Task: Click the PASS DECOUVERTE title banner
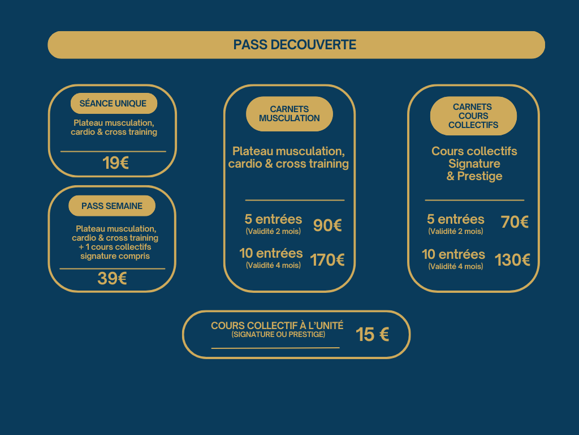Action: pyautogui.click(x=295, y=45)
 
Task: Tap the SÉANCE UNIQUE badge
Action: pyautogui.click(x=113, y=104)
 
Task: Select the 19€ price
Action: pyautogui.click(x=115, y=163)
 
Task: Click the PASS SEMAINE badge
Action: pyautogui.click(x=112, y=206)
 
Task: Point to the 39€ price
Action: pyautogui.click(x=112, y=279)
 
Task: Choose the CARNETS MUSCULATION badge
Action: pyautogui.click(x=289, y=114)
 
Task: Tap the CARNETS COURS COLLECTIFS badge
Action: pyautogui.click(x=473, y=116)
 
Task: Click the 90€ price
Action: pyautogui.click(x=327, y=225)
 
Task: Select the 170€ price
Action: pyautogui.click(x=327, y=261)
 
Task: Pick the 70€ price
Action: pyautogui.click(x=515, y=223)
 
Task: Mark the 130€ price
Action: pyautogui.click(x=512, y=260)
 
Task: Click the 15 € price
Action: pyautogui.click(x=372, y=335)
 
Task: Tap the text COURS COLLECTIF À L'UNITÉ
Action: pyautogui.click(x=277, y=326)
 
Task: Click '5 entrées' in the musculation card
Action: pyautogui.click(x=274, y=219)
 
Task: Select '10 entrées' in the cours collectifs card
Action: pyautogui.click(x=453, y=254)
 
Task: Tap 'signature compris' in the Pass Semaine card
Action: pyautogui.click(x=115, y=256)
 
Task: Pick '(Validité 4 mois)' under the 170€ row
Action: pyautogui.click(x=273, y=265)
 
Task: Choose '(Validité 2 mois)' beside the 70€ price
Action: pyautogui.click(x=456, y=232)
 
